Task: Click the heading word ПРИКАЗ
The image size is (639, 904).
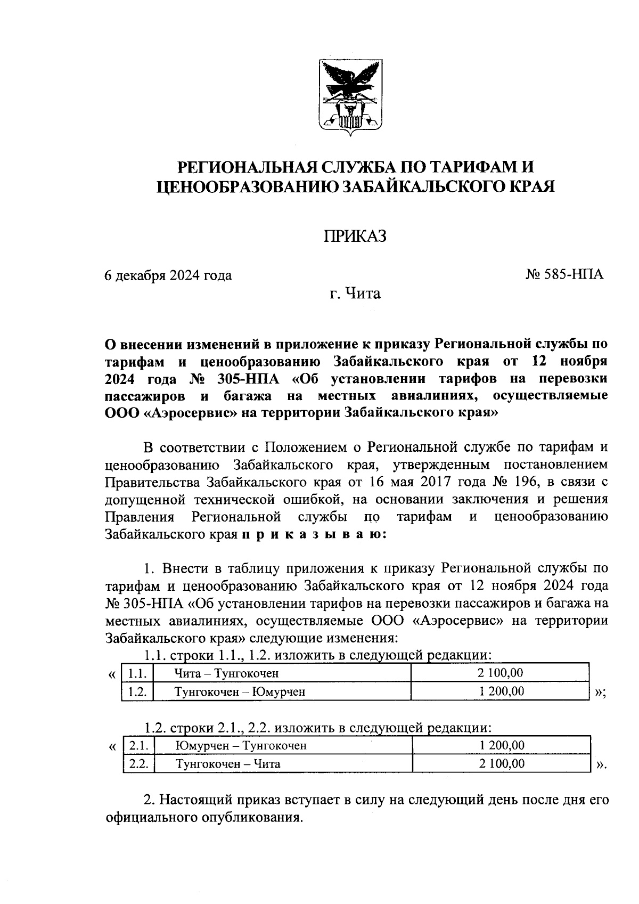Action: tap(355, 236)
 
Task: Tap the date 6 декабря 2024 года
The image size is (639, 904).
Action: tap(168, 275)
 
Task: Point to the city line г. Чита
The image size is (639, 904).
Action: tap(355, 293)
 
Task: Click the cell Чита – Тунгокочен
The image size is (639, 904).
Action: tap(227, 673)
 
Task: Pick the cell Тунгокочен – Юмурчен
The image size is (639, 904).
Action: tap(240, 691)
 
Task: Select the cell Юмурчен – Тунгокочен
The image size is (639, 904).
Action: tap(241, 745)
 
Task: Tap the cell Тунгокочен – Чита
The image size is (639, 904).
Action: tap(228, 763)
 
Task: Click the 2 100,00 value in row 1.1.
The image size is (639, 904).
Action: tap(501, 673)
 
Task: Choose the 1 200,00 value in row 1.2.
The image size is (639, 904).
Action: tap(501, 691)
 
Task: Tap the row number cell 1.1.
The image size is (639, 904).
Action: tap(137, 673)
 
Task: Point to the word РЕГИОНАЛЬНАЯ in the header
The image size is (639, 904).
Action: tap(248, 167)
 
